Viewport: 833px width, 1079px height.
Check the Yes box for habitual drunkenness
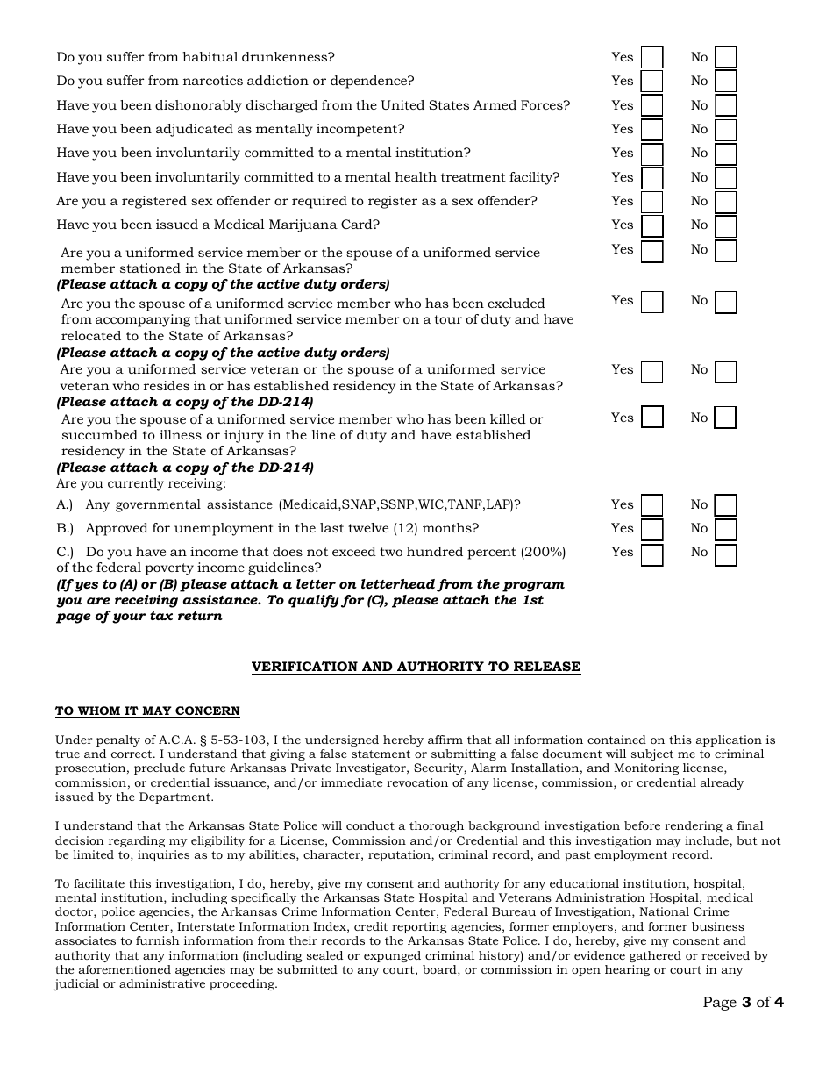(x=651, y=58)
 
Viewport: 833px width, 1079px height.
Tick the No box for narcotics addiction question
(x=725, y=82)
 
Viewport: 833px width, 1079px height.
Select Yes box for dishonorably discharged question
(x=651, y=106)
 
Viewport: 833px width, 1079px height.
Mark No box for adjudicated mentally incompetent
(x=725, y=130)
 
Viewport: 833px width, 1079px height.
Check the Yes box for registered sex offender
(x=651, y=202)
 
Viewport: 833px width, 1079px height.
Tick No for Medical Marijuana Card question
(x=725, y=225)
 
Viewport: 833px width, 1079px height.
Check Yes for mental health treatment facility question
(x=651, y=178)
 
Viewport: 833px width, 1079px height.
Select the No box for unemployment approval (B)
(x=725, y=529)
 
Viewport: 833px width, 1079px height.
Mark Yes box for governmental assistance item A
(x=651, y=505)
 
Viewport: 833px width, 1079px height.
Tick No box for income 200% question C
(x=725, y=554)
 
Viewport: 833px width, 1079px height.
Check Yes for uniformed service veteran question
(x=651, y=371)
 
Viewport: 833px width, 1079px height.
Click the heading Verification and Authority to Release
(x=416, y=667)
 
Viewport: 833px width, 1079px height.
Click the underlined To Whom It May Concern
(x=147, y=711)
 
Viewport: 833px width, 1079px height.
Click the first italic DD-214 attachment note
(x=185, y=402)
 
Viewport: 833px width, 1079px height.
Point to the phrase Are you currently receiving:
(x=141, y=483)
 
